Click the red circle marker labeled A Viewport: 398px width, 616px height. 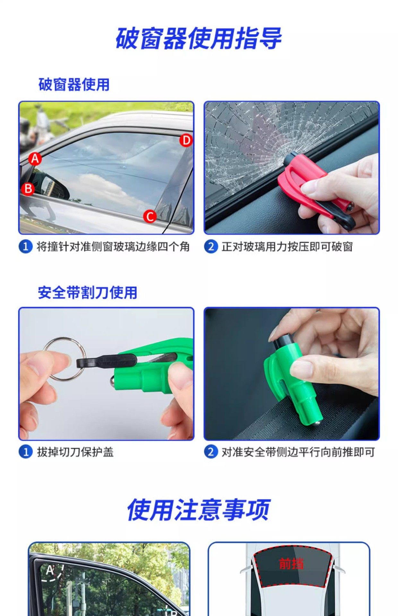coord(35,159)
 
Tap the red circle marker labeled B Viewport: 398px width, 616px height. coord(28,189)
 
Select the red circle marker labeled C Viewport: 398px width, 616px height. coord(150,216)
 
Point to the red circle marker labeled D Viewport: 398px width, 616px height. coord(186,141)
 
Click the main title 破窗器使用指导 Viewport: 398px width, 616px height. coord(199,38)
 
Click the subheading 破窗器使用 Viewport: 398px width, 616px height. coord(74,85)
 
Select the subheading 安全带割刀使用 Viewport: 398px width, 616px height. coord(88,293)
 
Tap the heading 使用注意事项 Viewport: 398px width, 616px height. coord(199,510)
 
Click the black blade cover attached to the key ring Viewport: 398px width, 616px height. coord(106,362)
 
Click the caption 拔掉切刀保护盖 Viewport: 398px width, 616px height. coord(75,452)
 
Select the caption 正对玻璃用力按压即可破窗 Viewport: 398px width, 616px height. coord(287,247)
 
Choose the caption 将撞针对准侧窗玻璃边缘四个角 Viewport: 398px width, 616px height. coord(113,247)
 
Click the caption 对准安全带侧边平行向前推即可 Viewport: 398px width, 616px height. coord(298,452)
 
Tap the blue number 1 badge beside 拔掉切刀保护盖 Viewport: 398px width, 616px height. coord(26,452)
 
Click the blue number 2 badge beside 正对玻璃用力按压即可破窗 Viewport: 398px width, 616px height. coord(211,247)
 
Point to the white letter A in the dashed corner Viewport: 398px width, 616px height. coord(50,570)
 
